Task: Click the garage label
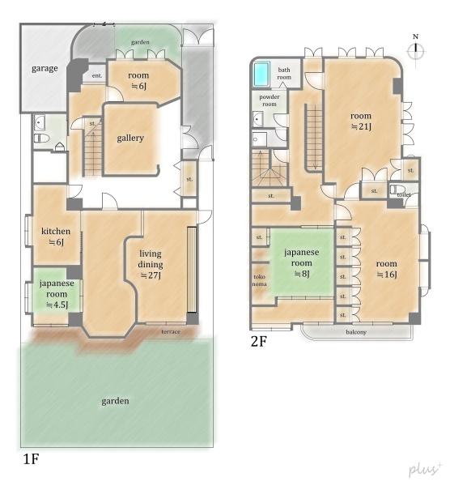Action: tap(45, 69)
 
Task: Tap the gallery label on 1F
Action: tap(130, 138)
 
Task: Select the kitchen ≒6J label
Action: tap(56, 237)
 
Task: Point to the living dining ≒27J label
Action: tap(151, 264)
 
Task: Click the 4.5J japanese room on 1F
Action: tap(57, 294)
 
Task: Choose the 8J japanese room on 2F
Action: tap(302, 262)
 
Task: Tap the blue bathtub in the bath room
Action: tap(261, 75)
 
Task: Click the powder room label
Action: tap(270, 100)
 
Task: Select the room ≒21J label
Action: tap(361, 122)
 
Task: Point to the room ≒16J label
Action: tap(387, 269)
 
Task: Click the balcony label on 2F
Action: tap(356, 332)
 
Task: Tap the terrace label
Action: tap(171, 331)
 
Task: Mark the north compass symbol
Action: tap(416, 49)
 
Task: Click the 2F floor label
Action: tap(259, 341)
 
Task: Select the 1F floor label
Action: tap(31, 458)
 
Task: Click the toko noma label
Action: tap(260, 280)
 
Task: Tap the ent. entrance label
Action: tap(97, 75)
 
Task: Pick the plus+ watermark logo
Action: tap(425, 470)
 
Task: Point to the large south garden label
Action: tap(115, 401)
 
